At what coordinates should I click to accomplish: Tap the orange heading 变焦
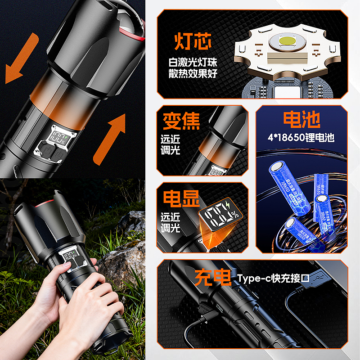pos(181,121)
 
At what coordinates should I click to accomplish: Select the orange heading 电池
pos(301,120)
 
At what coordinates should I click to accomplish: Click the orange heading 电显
pos(181,198)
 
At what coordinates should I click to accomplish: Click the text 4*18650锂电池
pos(301,138)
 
